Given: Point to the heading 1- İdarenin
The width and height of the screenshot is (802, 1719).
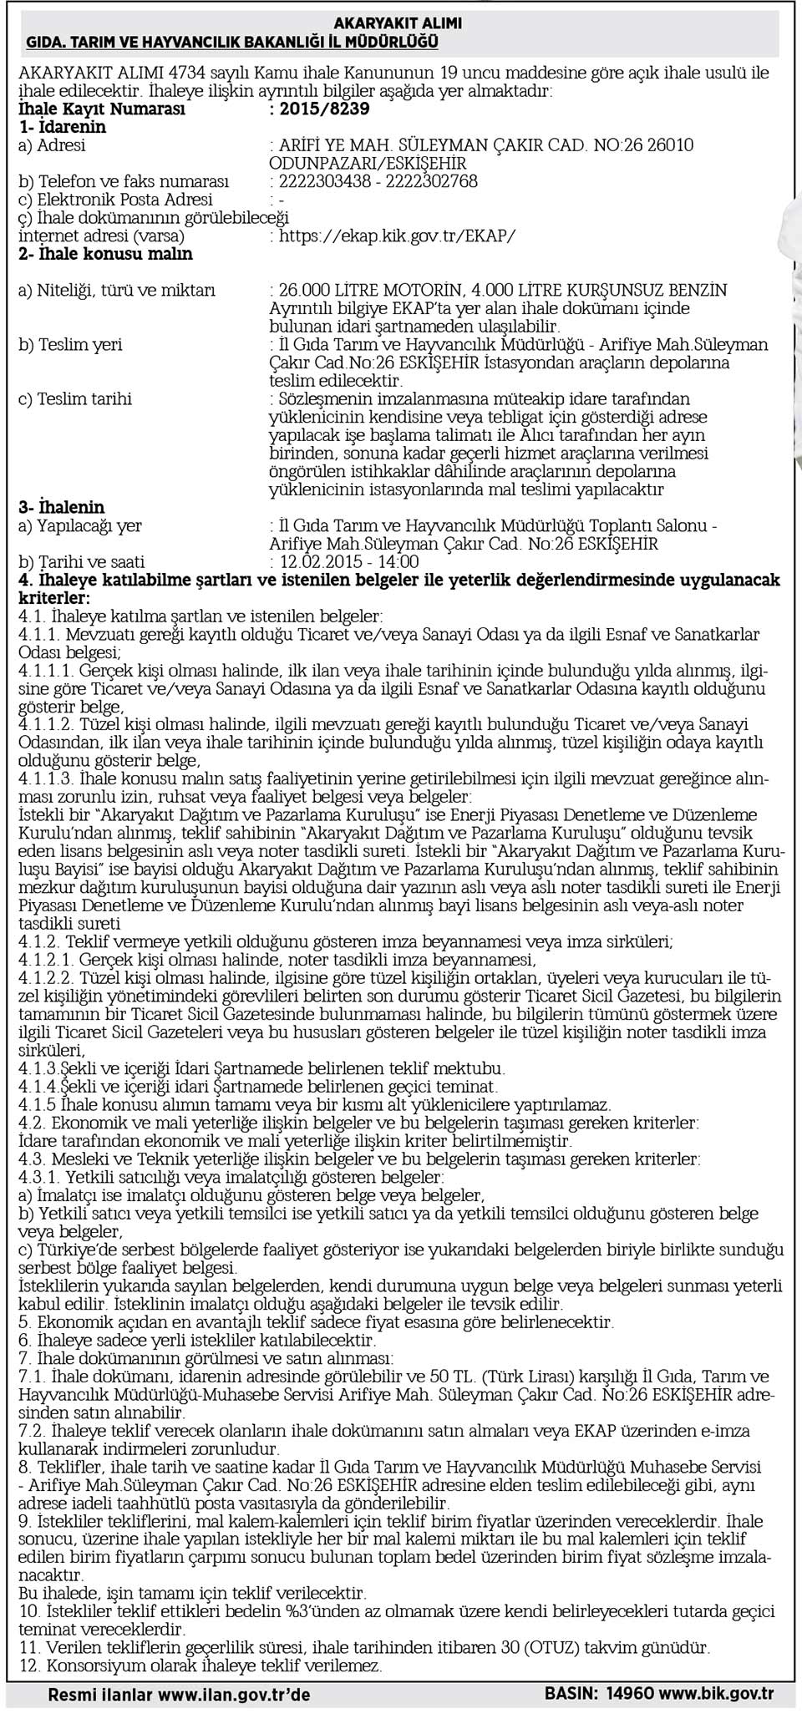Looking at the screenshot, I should click(x=63, y=127).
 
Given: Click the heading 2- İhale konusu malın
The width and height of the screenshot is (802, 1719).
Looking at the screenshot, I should click(x=105, y=253).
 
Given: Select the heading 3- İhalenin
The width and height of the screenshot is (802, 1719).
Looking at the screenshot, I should click(x=62, y=507).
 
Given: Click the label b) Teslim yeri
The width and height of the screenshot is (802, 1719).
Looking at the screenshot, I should click(x=70, y=344).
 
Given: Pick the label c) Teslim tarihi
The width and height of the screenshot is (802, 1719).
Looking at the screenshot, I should click(x=75, y=398).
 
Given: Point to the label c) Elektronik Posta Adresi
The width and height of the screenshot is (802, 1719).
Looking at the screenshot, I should click(x=115, y=200).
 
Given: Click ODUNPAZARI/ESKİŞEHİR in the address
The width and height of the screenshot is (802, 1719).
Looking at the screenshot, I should click(x=368, y=164).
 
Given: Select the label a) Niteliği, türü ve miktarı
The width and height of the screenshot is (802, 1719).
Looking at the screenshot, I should click(x=117, y=290).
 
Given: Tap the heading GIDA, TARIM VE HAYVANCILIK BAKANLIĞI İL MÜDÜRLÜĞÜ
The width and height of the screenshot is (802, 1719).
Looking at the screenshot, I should click(x=232, y=41).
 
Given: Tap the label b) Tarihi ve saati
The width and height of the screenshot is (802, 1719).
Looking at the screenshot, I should click(x=82, y=562).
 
